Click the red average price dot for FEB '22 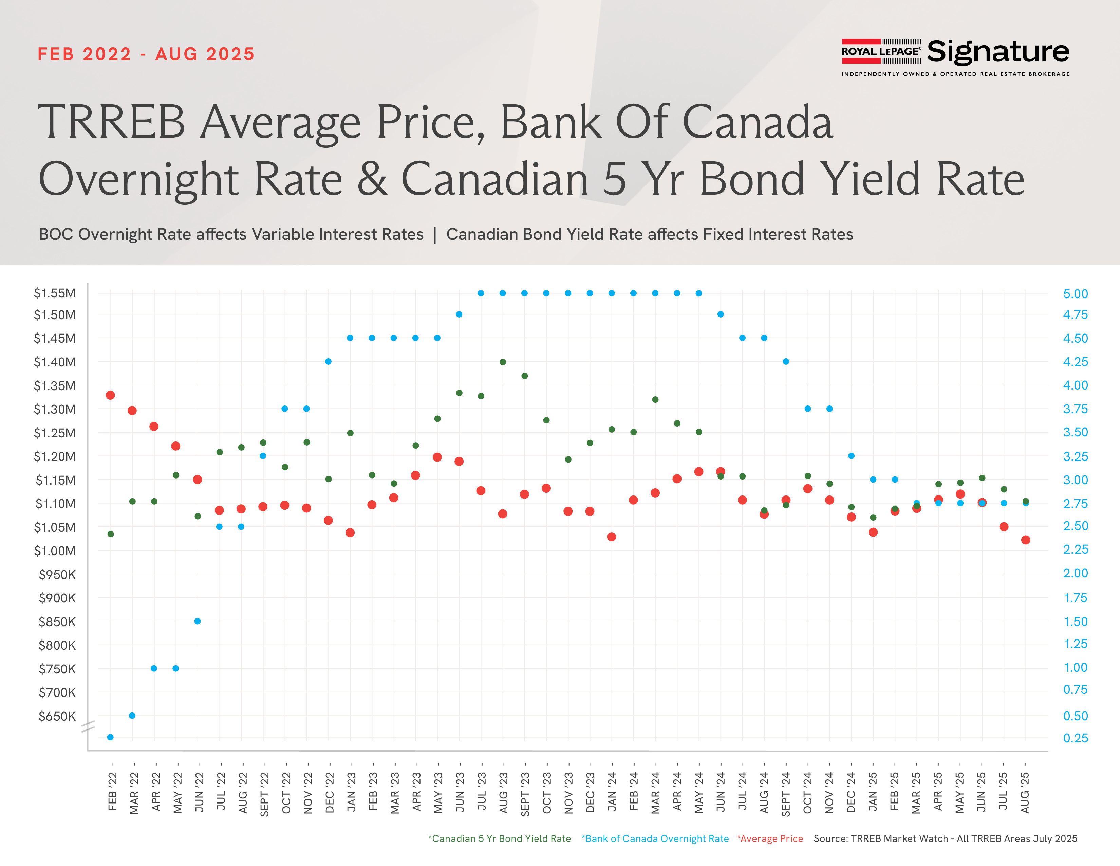[x=110, y=395]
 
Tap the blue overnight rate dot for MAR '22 [x=132, y=715]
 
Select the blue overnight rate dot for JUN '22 [x=198, y=621]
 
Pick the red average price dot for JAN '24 [x=611, y=537]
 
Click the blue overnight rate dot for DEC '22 [x=328, y=362]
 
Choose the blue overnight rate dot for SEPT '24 [x=786, y=362]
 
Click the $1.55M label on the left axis [x=54, y=293]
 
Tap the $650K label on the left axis [x=57, y=716]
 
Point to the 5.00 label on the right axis [x=1076, y=294]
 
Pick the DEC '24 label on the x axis [x=851, y=793]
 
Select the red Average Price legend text [x=770, y=838]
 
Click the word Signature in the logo [x=997, y=52]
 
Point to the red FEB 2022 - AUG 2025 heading [x=146, y=54]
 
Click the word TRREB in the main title [x=111, y=122]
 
